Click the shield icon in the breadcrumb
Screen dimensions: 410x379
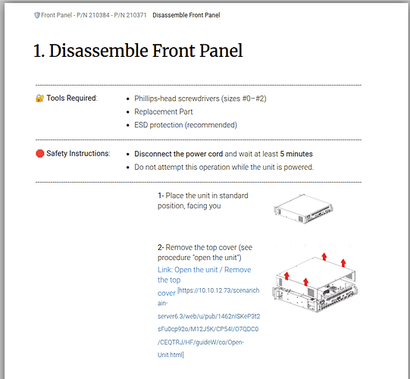click(37, 15)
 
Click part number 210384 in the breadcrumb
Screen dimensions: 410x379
click(99, 15)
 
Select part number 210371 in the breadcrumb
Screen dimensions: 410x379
click(136, 15)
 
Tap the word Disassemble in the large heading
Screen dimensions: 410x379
click(99, 51)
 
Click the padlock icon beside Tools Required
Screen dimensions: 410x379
click(39, 99)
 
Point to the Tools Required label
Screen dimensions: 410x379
click(72, 98)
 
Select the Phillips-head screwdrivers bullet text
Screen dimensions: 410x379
click(200, 99)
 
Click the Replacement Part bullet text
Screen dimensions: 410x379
click(164, 111)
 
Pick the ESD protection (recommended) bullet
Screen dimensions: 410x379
click(186, 125)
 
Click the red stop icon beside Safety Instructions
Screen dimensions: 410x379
click(39, 154)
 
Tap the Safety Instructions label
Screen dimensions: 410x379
click(78, 153)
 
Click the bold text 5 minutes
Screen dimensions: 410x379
click(296, 154)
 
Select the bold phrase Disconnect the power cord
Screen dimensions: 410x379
click(179, 154)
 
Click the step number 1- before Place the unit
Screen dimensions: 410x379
click(161, 196)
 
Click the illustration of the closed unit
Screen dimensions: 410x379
click(304, 208)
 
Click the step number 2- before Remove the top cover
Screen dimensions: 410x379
click(161, 247)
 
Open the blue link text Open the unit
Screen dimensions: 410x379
click(196, 270)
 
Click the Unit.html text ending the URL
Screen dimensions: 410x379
click(171, 355)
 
